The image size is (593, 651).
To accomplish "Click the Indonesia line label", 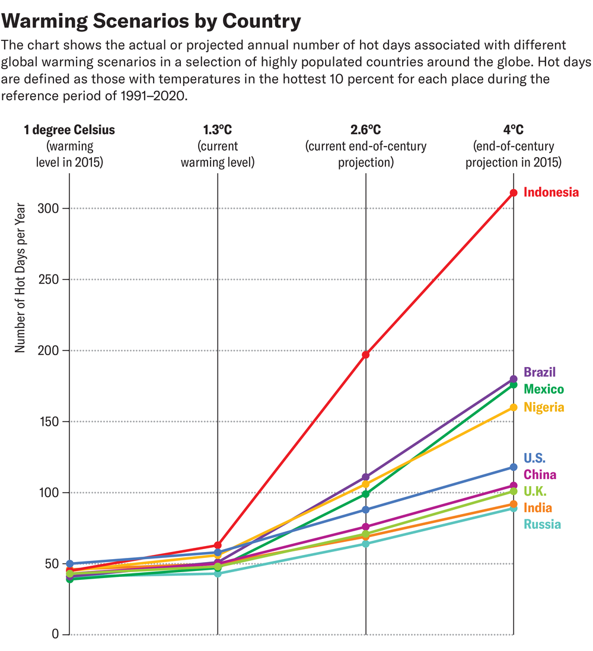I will click(x=551, y=193).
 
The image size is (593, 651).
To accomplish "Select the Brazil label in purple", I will click(x=540, y=372).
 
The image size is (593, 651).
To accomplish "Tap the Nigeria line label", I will click(x=544, y=407).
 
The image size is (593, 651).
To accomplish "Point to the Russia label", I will click(x=542, y=524).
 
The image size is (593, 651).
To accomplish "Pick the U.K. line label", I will click(x=535, y=492).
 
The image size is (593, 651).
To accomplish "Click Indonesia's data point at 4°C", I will click(x=514, y=193).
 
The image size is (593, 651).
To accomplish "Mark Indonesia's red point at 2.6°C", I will click(x=366, y=355).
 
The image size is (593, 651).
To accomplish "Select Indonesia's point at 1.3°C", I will click(x=218, y=545).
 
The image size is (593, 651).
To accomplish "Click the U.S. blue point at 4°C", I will click(x=514, y=467).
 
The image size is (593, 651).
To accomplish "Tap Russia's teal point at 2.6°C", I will click(x=366, y=544).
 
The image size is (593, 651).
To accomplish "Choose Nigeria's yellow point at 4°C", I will click(x=514, y=407).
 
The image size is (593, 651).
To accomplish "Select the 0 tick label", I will click(x=55, y=634).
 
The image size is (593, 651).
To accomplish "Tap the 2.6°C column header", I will click(x=366, y=130).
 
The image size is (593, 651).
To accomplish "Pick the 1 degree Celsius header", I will click(x=69, y=130).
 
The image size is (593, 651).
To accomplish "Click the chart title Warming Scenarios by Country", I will click(x=152, y=22).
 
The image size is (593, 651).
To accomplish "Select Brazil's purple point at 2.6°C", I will click(x=366, y=477).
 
